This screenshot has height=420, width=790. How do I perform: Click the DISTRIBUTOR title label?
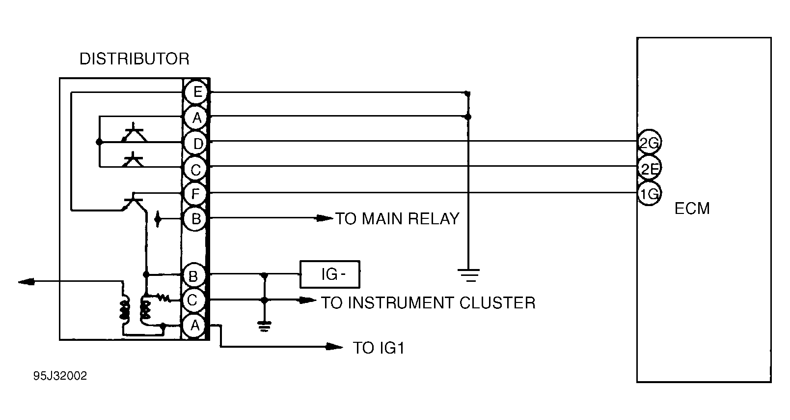click(134, 60)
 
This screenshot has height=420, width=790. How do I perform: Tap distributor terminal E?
click(196, 92)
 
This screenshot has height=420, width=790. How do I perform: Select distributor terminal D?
click(197, 144)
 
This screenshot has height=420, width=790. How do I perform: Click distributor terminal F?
click(195, 194)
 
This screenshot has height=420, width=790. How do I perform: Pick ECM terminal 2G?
click(649, 143)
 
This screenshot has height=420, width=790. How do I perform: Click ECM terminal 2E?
click(649, 169)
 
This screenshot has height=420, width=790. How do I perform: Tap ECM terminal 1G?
click(649, 194)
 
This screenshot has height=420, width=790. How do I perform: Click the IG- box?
click(330, 274)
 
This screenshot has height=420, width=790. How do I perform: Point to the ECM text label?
click(692, 209)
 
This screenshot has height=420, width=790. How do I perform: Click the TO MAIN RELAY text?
click(397, 218)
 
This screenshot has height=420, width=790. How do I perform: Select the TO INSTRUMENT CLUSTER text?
click(428, 302)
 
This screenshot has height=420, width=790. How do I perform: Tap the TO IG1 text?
click(379, 348)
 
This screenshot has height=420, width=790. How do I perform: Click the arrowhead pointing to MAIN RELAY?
click(324, 218)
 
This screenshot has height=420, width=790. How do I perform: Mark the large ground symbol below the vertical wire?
click(470, 275)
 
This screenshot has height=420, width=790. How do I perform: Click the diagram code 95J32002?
click(60, 376)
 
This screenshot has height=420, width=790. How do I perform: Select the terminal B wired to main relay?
click(195, 218)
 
